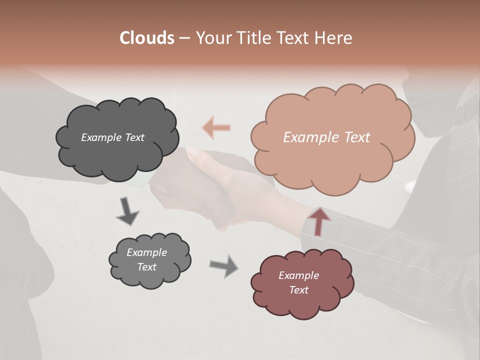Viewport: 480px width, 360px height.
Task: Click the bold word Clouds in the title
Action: [x=147, y=38]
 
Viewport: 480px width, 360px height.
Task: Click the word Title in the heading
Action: [x=252, y=38]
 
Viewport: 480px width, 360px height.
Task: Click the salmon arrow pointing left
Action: [x=216, y=127]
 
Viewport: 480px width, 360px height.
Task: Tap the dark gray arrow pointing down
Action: [x=127, y=210]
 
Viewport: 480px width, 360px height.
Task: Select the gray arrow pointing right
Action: [x=223, y=265]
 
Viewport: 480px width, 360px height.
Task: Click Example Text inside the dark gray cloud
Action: [x=112, y=137]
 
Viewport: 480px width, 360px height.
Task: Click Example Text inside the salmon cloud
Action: [x=326, y=137]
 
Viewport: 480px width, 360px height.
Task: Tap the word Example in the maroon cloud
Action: [x=298, y=275]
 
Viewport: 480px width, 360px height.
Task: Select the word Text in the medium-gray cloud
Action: [x=147, y=267]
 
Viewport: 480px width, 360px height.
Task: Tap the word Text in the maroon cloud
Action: [x=298, y=290]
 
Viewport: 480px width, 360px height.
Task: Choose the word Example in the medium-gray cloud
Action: [x=147, y=252]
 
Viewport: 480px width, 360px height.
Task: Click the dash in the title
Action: [x=184, y=38]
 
